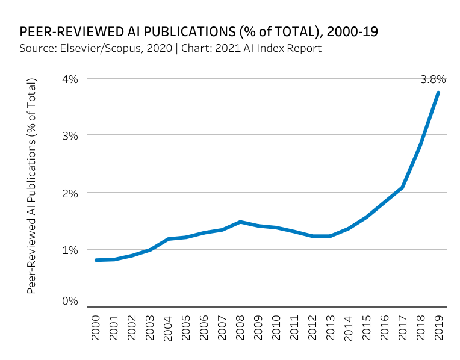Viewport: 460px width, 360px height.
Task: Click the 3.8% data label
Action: [x=433, y=79]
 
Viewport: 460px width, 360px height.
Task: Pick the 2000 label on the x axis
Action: [x=96, y=327]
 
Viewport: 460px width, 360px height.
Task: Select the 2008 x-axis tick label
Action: [x=240, y=327]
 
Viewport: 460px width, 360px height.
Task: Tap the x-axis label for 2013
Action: [x=330, y=327]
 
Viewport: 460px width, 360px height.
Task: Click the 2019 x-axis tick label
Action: [x=438, y=327]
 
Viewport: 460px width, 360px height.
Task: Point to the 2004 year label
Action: [x=169, y=327]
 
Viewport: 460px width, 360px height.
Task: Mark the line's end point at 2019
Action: [x=438, y=92]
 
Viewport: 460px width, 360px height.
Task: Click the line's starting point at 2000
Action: [x=96, y=260]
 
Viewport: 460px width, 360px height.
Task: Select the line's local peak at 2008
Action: [x=240, y=222]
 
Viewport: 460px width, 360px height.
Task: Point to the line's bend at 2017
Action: [x=402, y=187]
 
